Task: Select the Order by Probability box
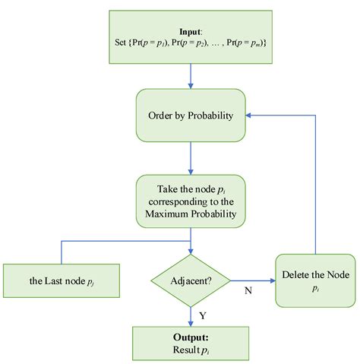point(190,116)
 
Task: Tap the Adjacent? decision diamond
point(191,280)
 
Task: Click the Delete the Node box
point(315,280)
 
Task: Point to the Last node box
point(51,280)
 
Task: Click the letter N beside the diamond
point(248,290)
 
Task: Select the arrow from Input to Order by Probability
point(190,75)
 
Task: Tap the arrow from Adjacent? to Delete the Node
point(252,280)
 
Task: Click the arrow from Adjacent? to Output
point(190,313)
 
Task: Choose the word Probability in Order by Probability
point(207,116)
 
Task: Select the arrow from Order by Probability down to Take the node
point(190,157)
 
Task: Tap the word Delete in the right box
point(296,274)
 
